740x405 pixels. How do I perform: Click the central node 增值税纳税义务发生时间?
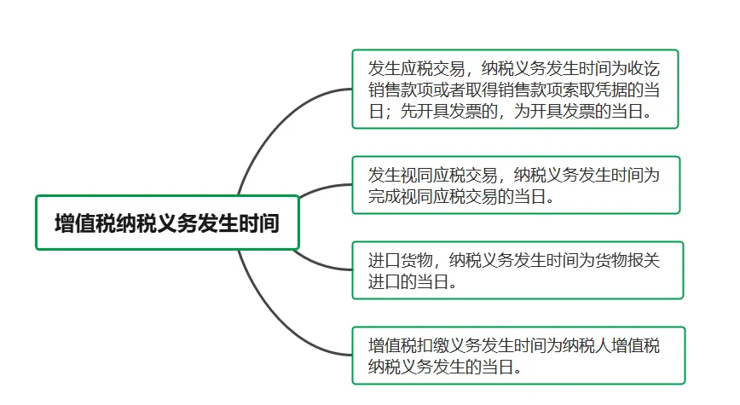[x=167, y=223]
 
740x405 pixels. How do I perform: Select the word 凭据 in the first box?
[x=602, y=90]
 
